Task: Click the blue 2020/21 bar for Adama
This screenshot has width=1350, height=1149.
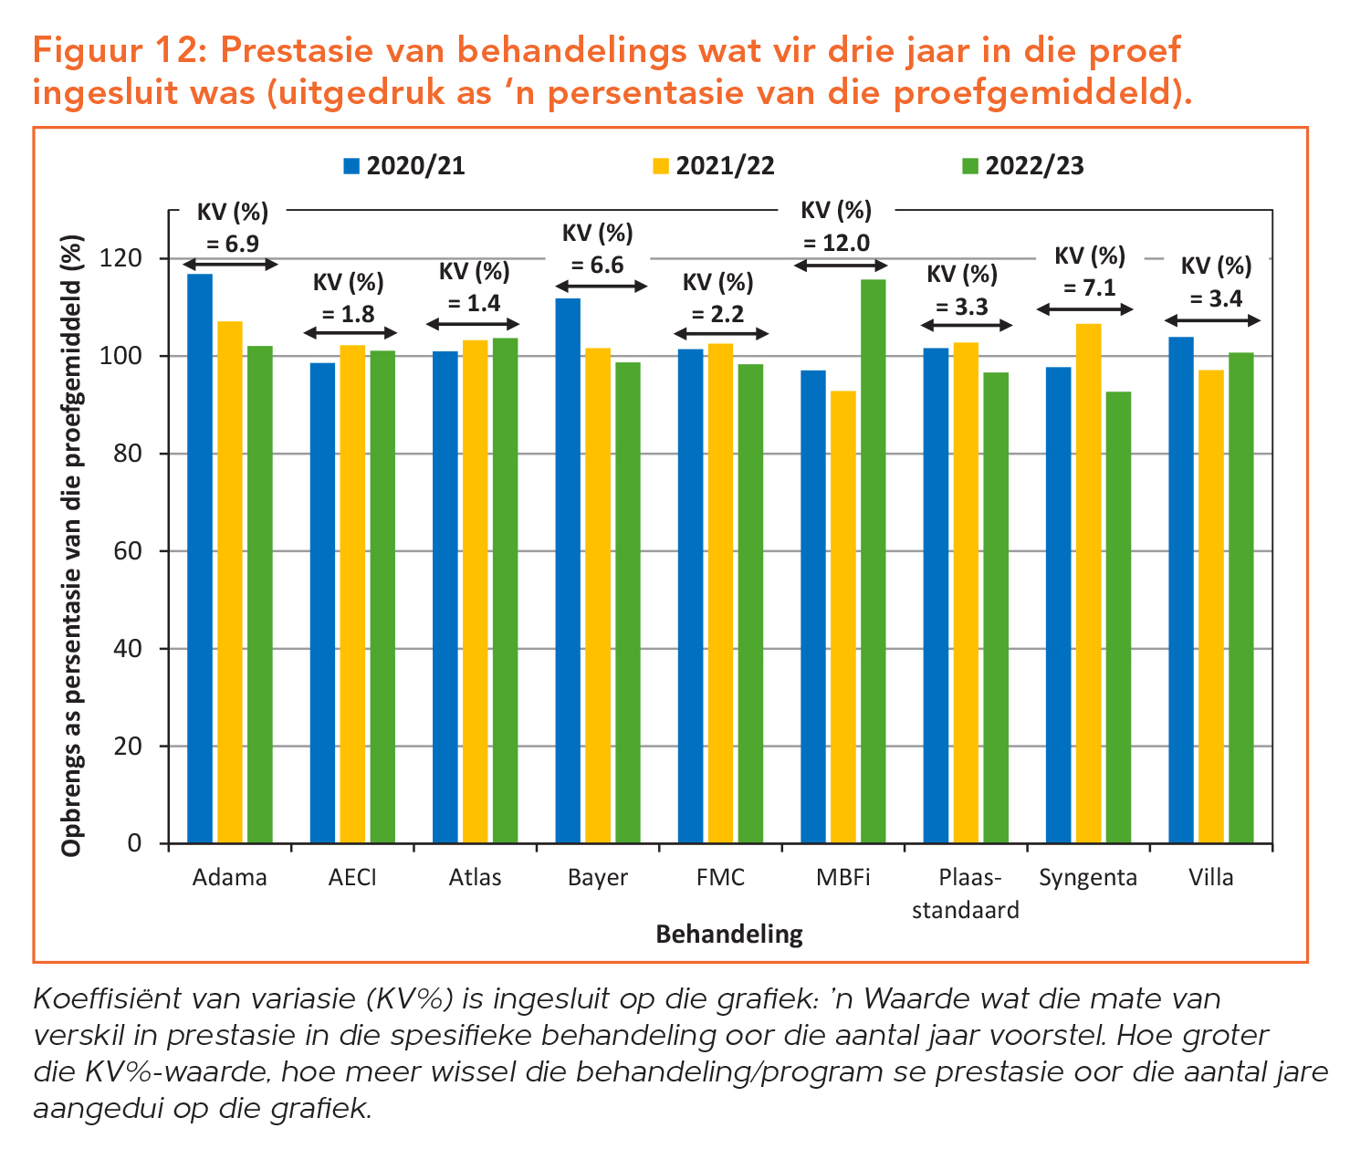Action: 200,558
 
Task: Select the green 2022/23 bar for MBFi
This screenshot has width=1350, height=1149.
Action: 874,560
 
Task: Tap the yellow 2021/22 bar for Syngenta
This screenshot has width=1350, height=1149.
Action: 1088,583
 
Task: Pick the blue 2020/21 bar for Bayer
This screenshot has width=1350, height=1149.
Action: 568,570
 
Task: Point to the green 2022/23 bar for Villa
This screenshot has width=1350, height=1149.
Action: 1241,598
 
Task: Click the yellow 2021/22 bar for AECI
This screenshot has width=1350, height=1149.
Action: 352,593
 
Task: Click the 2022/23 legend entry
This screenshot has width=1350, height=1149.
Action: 1023,166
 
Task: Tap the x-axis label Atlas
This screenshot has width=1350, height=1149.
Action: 475,878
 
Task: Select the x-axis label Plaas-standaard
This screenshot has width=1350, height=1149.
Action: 967,893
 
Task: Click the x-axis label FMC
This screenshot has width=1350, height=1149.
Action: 720,878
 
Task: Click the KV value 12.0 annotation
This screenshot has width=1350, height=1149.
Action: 836,243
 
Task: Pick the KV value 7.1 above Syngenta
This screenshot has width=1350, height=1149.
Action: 1090,288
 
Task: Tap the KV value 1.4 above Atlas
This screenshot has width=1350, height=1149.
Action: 475,304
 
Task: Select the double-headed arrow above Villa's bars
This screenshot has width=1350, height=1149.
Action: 1213,321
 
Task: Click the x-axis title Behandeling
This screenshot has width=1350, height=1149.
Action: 729,934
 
